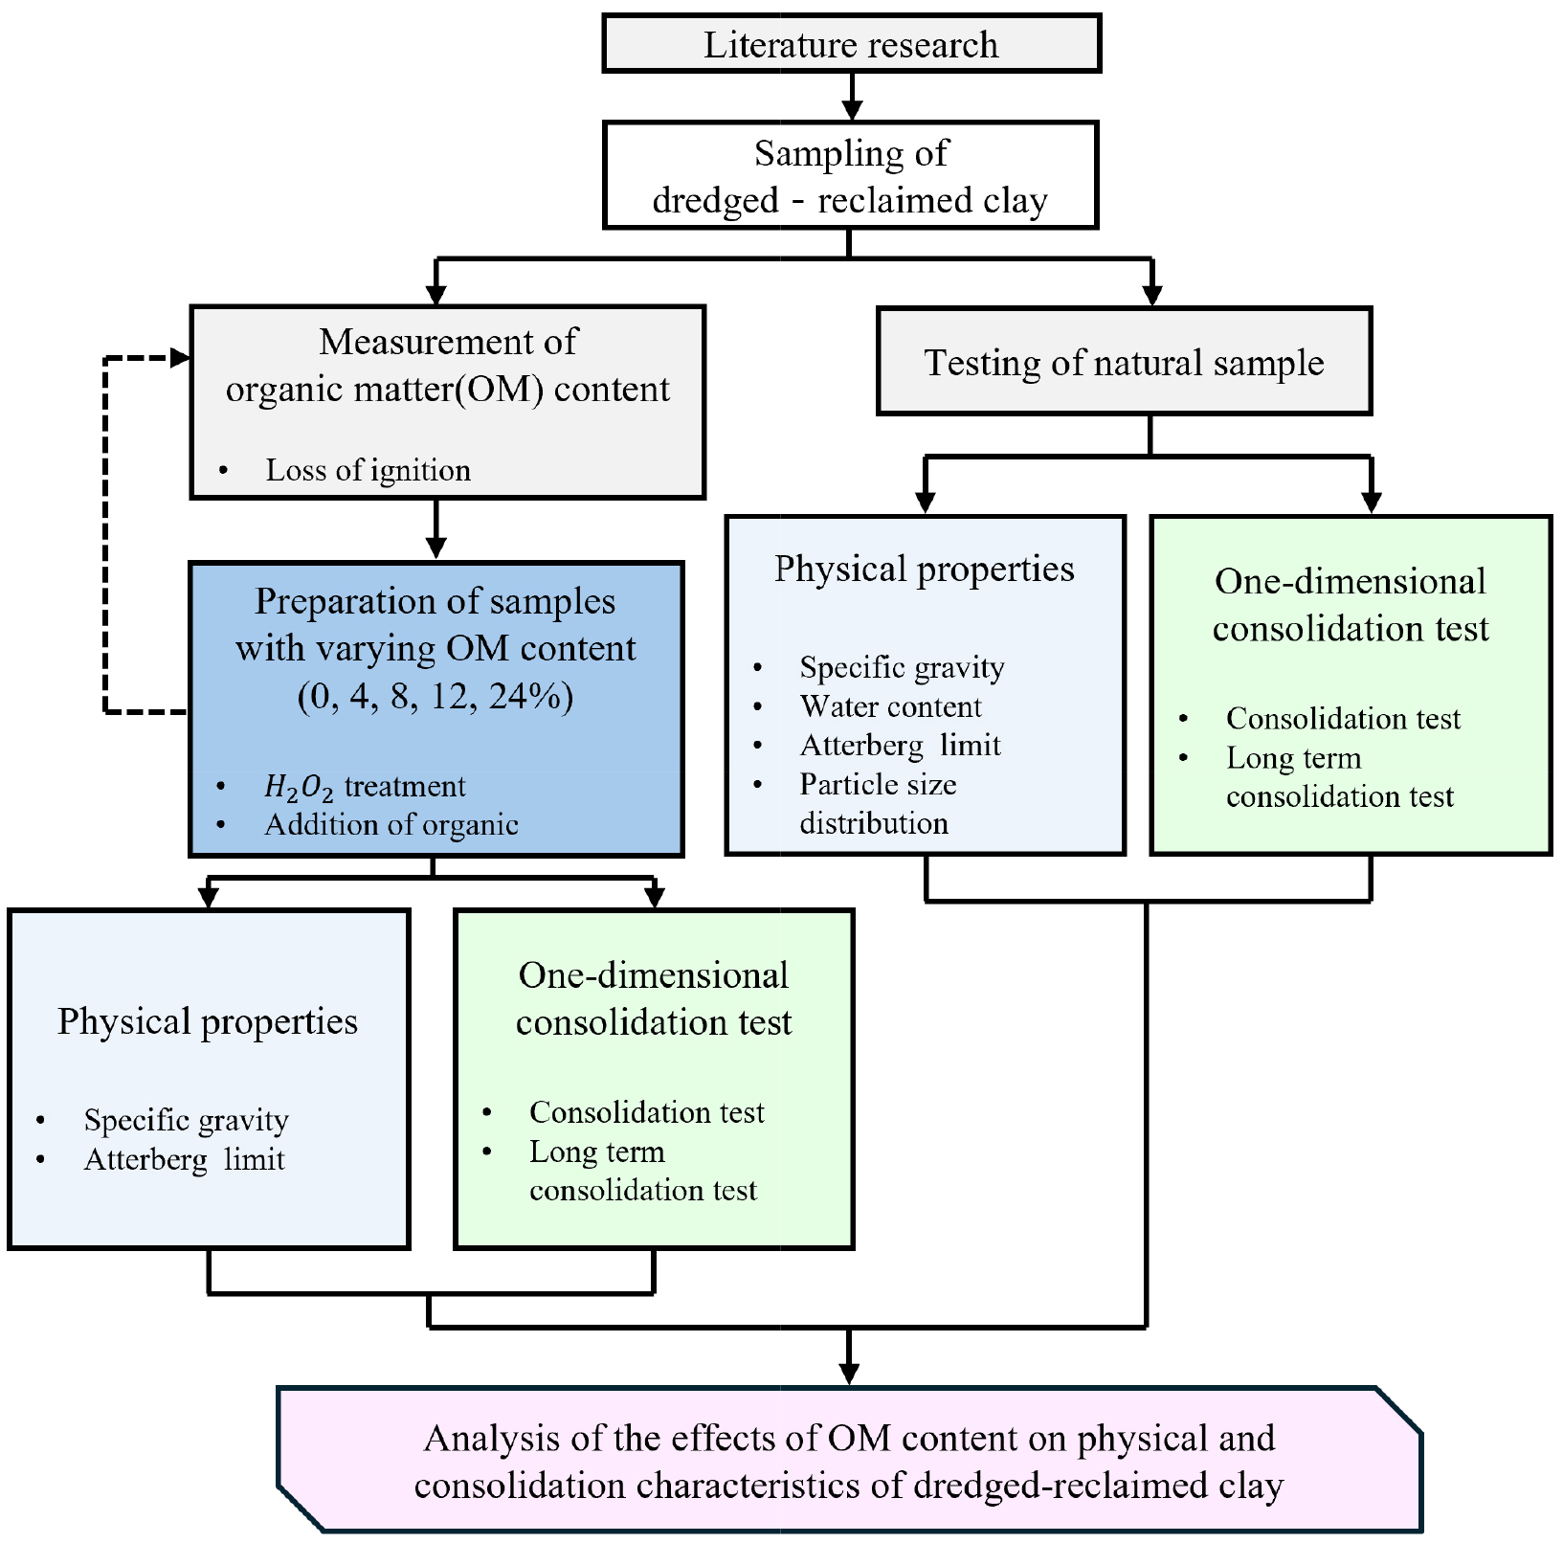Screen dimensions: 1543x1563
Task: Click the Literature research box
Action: (x=851, y=44)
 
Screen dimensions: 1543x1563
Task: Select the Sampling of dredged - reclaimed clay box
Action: (x=850, y=176)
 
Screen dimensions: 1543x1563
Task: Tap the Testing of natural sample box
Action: (x=1124, y=362)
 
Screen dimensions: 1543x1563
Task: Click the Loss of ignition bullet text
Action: (x=368, y=470)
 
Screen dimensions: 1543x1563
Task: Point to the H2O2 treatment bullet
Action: (x=365, y=786)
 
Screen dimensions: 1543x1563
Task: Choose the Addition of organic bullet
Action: (x=391, y=824)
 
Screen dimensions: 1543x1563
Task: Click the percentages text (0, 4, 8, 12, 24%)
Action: (x=435, y=696)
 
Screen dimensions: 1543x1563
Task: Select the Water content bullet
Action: (x=890, y=706)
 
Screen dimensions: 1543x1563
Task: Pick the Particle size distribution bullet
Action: (x=878, y=803)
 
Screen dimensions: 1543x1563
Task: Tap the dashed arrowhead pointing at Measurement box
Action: (x=180, y=358)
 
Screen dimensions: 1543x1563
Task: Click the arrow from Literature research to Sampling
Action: (x=851, y=97)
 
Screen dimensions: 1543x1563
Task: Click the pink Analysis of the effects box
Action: (x=849, y=1461)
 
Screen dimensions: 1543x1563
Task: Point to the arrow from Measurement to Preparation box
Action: (x=435, y=528)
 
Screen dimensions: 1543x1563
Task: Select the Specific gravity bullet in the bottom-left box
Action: (x=186, y=1120)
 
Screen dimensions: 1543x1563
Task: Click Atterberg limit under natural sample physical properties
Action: (x=900, y=745)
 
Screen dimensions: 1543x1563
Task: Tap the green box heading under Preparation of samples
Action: (x=654, y=998)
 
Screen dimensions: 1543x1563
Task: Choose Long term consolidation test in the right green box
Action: (x=1339, y=776)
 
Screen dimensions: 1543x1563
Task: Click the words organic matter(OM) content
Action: (x=447, y=389)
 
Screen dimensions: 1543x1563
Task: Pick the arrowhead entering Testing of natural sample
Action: (x=1151, y=295)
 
